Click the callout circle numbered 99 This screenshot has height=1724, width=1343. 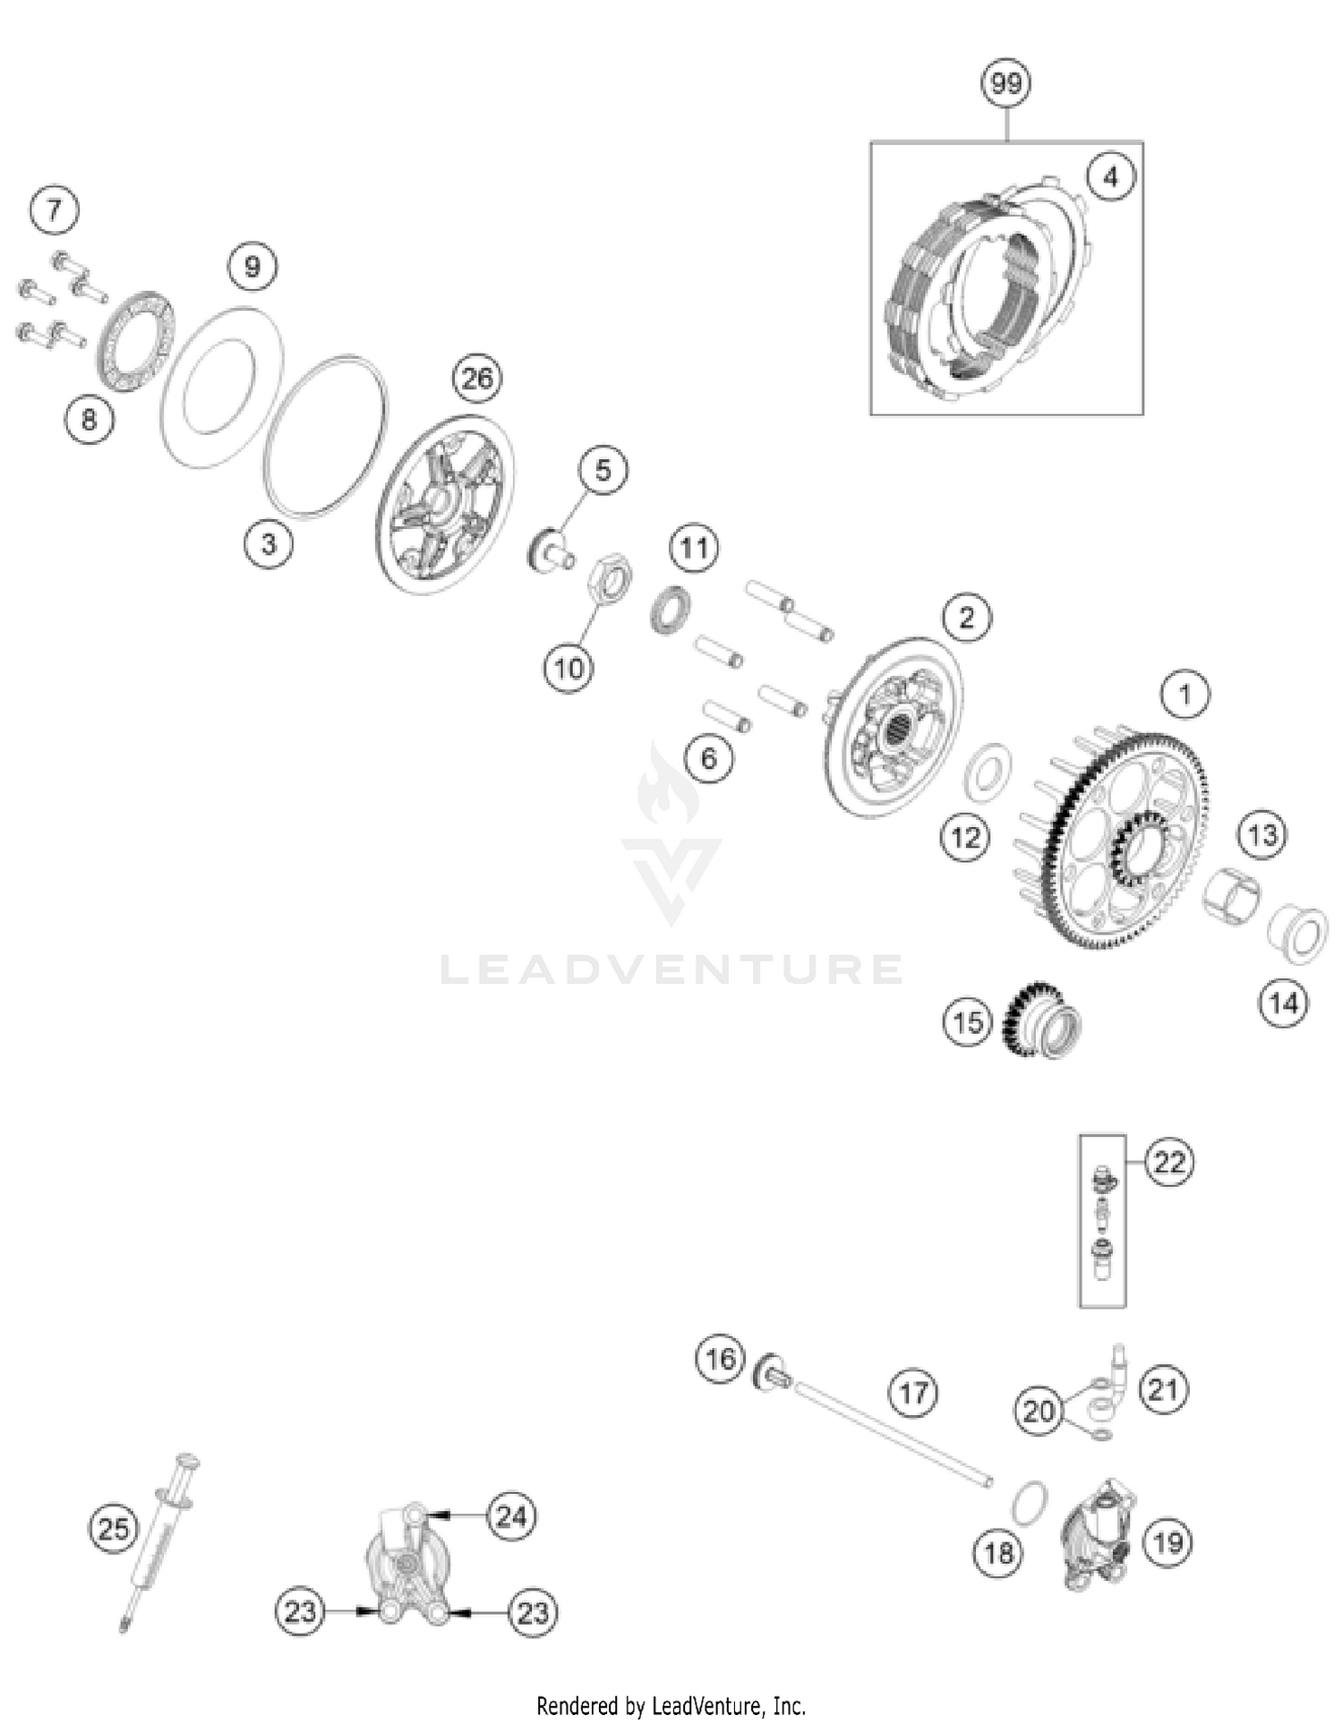(1006, 83)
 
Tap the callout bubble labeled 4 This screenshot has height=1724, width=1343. (1110, 176)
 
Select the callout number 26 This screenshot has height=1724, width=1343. (477, 378)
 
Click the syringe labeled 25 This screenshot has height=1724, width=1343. (159, 1540)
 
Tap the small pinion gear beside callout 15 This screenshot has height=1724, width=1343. (1044, 1020)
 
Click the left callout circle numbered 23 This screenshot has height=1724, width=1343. (300, 1612)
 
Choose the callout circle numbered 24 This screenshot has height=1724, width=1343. (511, 1516)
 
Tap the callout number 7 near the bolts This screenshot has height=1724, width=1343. (55, 210)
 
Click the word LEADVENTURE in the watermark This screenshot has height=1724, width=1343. (671, 969)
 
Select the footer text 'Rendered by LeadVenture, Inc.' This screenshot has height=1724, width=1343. (671, 1705)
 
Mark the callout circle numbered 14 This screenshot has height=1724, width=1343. (1283, 1003)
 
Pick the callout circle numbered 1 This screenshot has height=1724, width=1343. (1185, 694)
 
